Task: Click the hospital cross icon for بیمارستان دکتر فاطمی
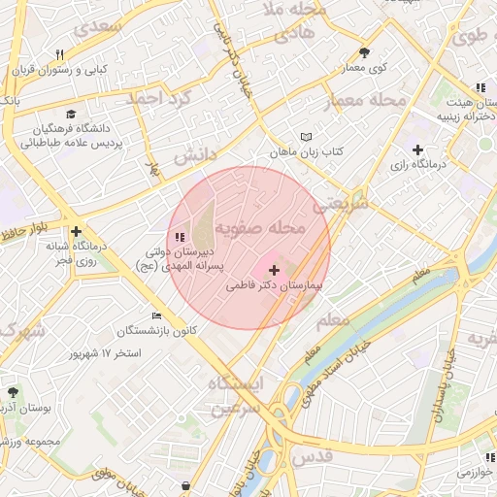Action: click(x=275, y=270)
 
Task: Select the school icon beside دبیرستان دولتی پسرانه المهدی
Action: click(x=178, y=237)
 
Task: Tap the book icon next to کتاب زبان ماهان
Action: click(x=307, y=137)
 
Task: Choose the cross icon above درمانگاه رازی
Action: click(x=417, y=149)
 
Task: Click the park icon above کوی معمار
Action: click(x=364, y=53)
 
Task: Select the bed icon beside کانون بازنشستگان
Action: click(x=157, y=315)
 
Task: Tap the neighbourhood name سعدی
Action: click(x=105, y=25)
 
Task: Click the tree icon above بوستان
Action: click(x=13, y=393)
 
